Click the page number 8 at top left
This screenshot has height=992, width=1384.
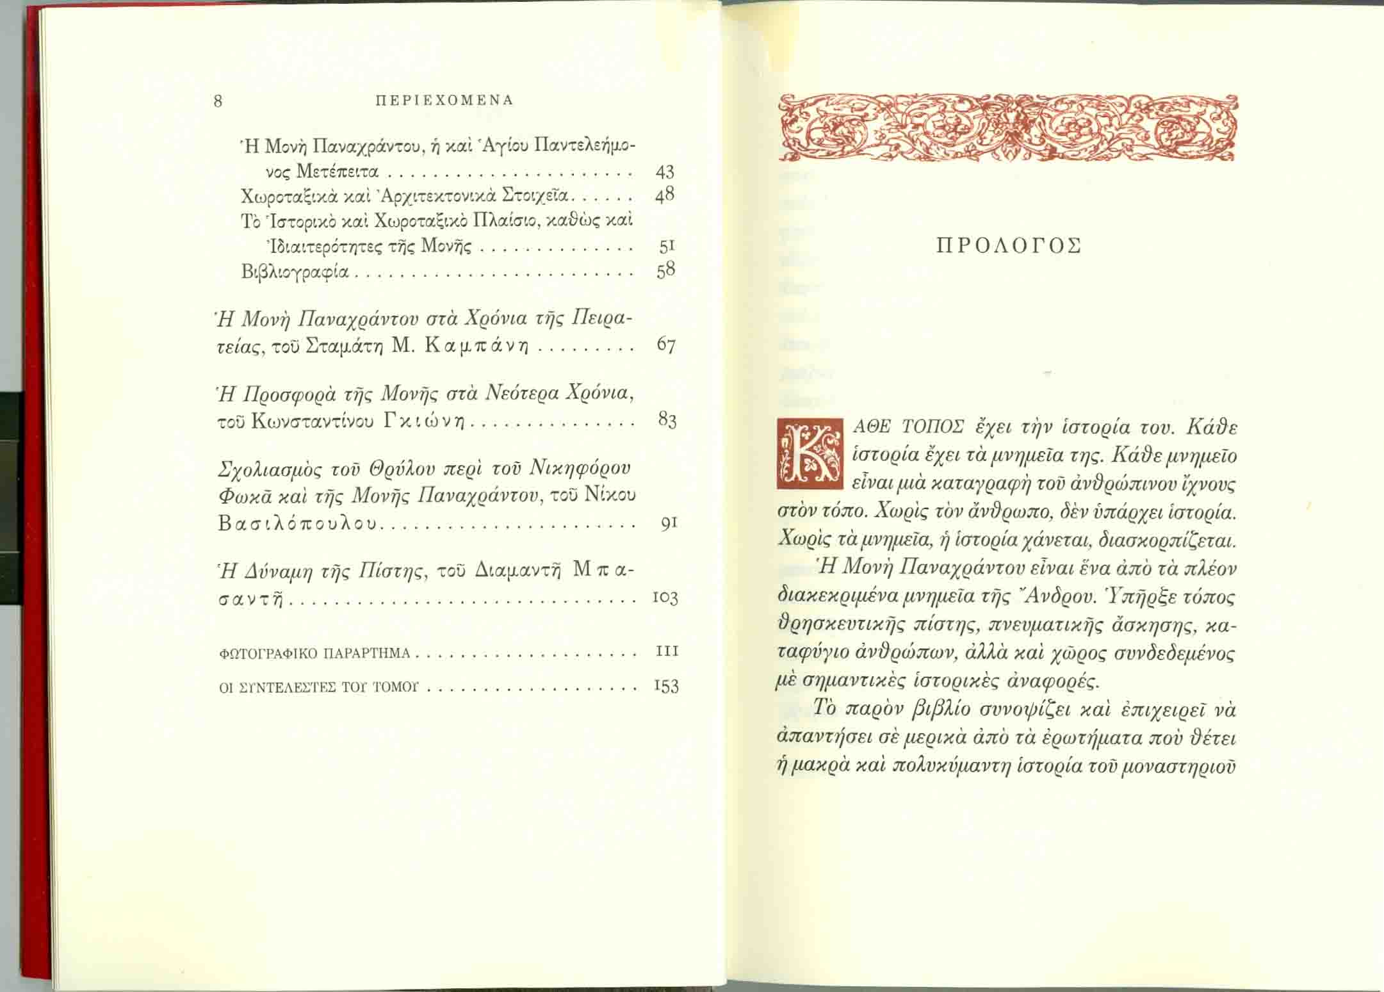click(218, 101)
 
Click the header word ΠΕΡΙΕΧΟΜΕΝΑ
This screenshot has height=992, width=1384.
click(444, 101)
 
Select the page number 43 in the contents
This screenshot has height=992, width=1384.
click(665, 172)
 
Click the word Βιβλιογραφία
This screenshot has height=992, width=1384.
click(295, 272)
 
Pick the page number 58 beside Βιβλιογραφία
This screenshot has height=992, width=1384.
click(666, 270)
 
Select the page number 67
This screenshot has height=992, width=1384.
click(666, 345)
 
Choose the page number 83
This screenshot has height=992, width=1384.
click(667, 420)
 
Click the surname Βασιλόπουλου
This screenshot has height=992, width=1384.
click(298, 524)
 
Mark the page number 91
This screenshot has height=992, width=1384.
click(669, 524)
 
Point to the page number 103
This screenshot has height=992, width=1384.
click(665, 598)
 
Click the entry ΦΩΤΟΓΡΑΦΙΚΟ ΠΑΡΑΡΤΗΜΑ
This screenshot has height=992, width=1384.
click(314, 654)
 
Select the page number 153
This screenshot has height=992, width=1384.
click(666, 687)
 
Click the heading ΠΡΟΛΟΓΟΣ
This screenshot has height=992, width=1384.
click(1009, 247)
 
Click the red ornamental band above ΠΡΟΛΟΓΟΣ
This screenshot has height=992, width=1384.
click(1007, 127)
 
